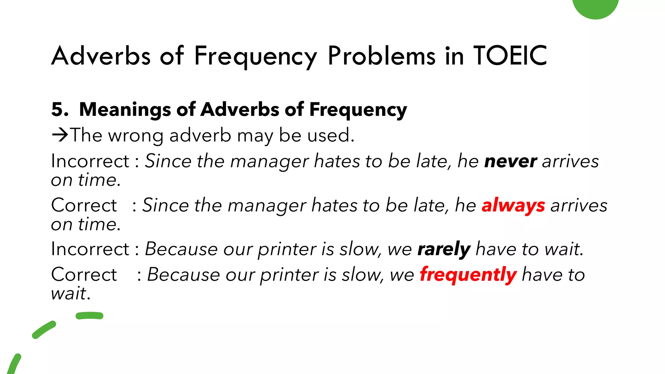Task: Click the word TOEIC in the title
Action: (x=510, y=56)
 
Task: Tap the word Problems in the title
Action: (x=382, y=56)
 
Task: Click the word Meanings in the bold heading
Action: (x=125, y=110)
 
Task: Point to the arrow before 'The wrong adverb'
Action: (x=60, y=135)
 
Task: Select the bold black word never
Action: (x=510, y=161)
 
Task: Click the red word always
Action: (x=513, y=206)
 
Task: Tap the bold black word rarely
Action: (x=444, y=249)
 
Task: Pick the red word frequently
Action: (x=468, y=275)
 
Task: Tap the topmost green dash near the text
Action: (x=89, y=316)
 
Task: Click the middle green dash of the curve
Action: (x=44, y=330)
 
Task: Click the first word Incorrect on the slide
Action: (x=90, y=161)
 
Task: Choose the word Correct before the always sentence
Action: (x=84, y=206)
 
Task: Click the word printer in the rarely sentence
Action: (x=287, y=249)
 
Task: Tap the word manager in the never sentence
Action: (x=270, y=161)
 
